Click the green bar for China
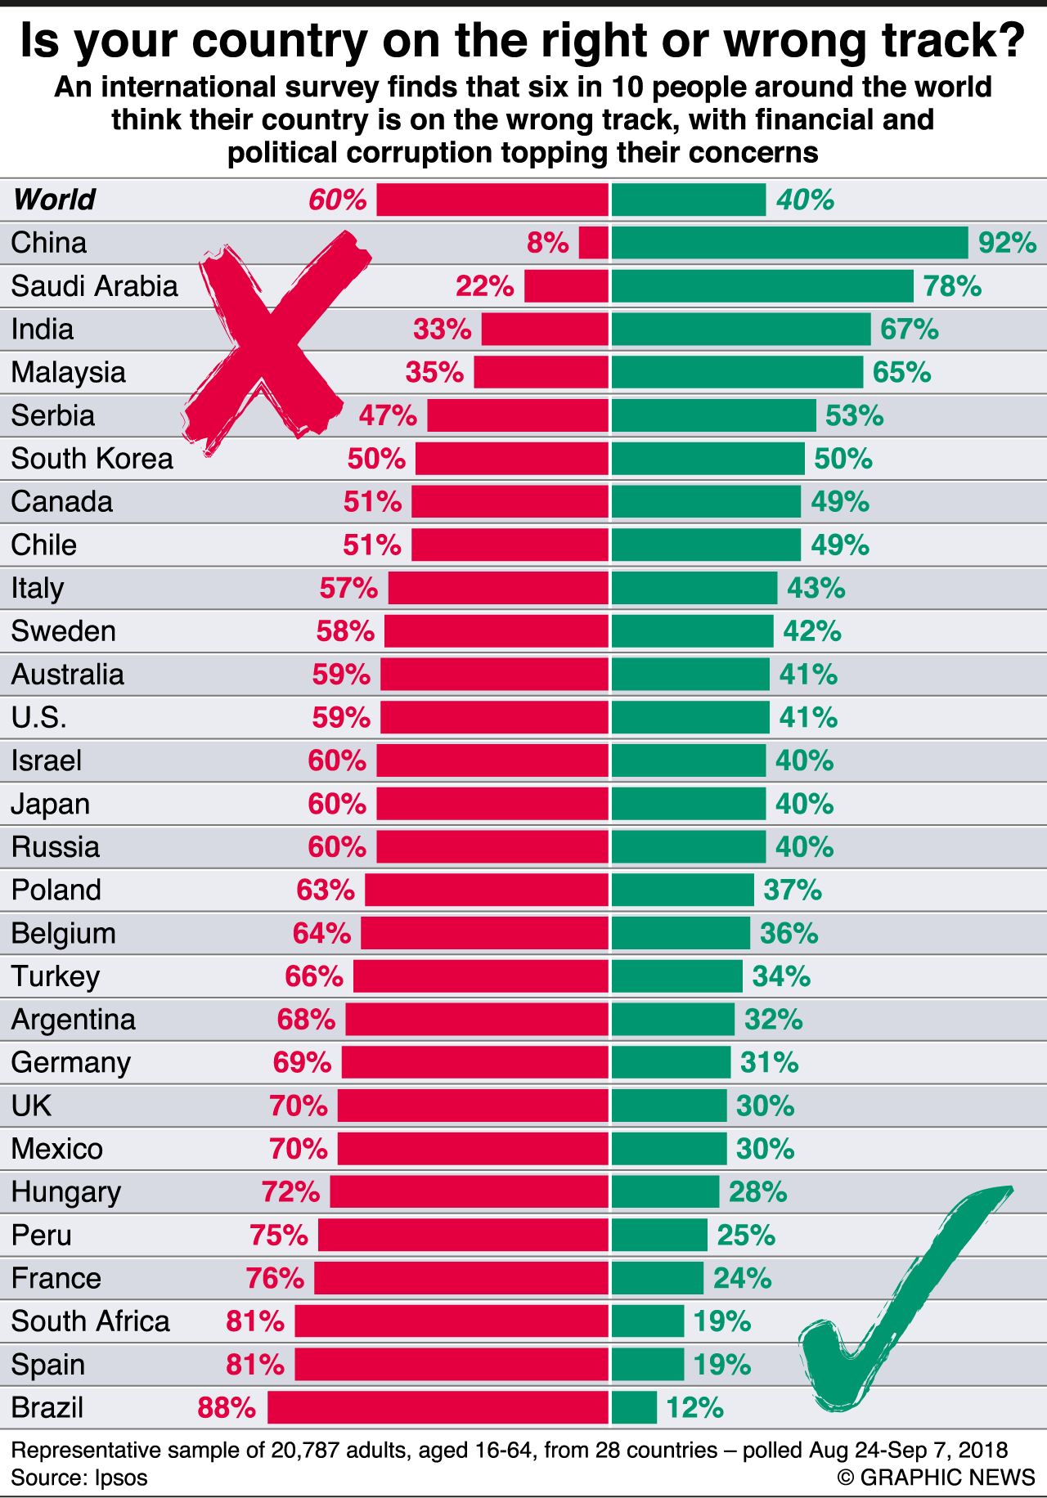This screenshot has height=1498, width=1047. click(789, 243)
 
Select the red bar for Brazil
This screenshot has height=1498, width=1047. click(438, 1407)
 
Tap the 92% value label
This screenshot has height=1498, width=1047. click(1007, 243)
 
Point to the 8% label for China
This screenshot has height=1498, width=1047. click(547, 243)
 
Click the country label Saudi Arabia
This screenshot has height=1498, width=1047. click(94, 286)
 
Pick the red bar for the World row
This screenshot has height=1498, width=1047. click(492, 200)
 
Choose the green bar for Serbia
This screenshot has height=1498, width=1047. click(713, 415)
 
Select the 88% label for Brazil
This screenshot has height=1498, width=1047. click(227, 1407)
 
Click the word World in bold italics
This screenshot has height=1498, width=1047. click(54, 200)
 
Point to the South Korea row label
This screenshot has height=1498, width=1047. click(92, 459)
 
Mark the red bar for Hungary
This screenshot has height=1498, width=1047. click(469, 1191)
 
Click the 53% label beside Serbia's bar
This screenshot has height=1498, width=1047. click(854, 415)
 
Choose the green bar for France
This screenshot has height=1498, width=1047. click(657, 1278)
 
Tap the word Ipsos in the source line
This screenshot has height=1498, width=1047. click(121, 1478)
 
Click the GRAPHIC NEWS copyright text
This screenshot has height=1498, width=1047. click(936, 1477)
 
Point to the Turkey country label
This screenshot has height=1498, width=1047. click(56, 976)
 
